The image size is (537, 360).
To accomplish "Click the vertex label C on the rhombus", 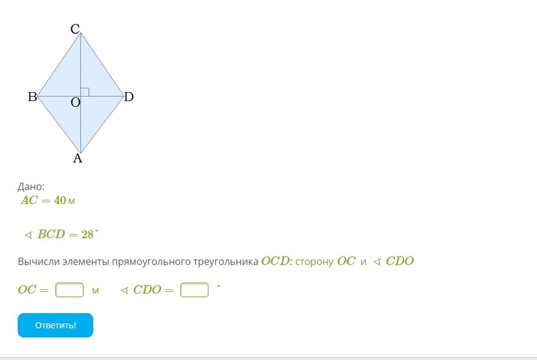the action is (x=75, y=29).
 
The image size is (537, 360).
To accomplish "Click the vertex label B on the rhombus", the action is (x=32, y=97).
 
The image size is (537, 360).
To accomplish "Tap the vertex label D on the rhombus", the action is (x=129, y=97).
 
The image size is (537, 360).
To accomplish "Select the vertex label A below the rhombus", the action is (x=78, y=158).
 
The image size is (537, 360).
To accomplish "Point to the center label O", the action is (x=76, y=102).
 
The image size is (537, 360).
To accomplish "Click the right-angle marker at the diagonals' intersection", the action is (x=85, y=92).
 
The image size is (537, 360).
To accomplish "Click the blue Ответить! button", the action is (x=55, y=325).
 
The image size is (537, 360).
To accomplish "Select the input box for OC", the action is (x=69, y=290).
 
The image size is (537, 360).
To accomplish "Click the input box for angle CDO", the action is (x=194, y=290).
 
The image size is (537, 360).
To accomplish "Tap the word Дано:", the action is (x=31, y=186).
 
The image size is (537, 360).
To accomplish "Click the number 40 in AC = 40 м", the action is (x=60, y=200).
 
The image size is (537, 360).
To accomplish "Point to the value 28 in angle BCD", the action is (x=88, y=235).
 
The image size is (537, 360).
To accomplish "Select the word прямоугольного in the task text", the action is (x=151, y=262).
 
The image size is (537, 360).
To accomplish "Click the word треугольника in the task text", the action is (x=226, y=262).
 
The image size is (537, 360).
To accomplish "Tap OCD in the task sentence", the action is (x=276, y=261).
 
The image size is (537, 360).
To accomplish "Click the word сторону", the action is (x=315, y=262).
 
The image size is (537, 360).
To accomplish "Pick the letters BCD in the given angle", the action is (x=51, y=235).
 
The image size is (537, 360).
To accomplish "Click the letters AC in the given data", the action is (x=29, y=200).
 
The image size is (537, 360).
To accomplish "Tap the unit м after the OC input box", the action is (x=95, y=291).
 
